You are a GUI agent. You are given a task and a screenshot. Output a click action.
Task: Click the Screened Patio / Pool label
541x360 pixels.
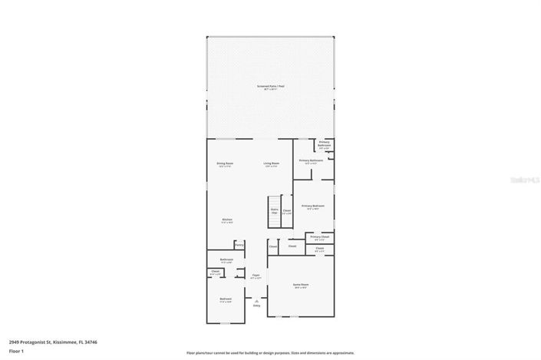(x=270, y=86)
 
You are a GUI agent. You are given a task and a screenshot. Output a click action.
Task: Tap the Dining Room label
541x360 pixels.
(x=225, y=163)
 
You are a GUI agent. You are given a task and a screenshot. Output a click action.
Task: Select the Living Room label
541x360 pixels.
(x=272, y=163)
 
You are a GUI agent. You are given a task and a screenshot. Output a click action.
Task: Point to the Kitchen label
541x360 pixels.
(x=227, y=220)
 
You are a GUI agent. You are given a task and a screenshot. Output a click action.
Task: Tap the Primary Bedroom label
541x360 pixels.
(x=312, y=206)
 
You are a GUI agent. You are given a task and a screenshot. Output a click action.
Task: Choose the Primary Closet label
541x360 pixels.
(x=320, y=237)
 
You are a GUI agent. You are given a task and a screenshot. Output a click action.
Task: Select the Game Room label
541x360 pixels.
(x=301, y=285)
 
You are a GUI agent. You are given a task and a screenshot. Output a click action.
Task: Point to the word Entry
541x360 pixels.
(x=256, y=306)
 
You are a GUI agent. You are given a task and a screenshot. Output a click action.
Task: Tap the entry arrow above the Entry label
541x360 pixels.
(x=256, y=300)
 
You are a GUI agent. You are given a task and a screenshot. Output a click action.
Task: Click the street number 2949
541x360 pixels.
(x=15, y=342)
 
